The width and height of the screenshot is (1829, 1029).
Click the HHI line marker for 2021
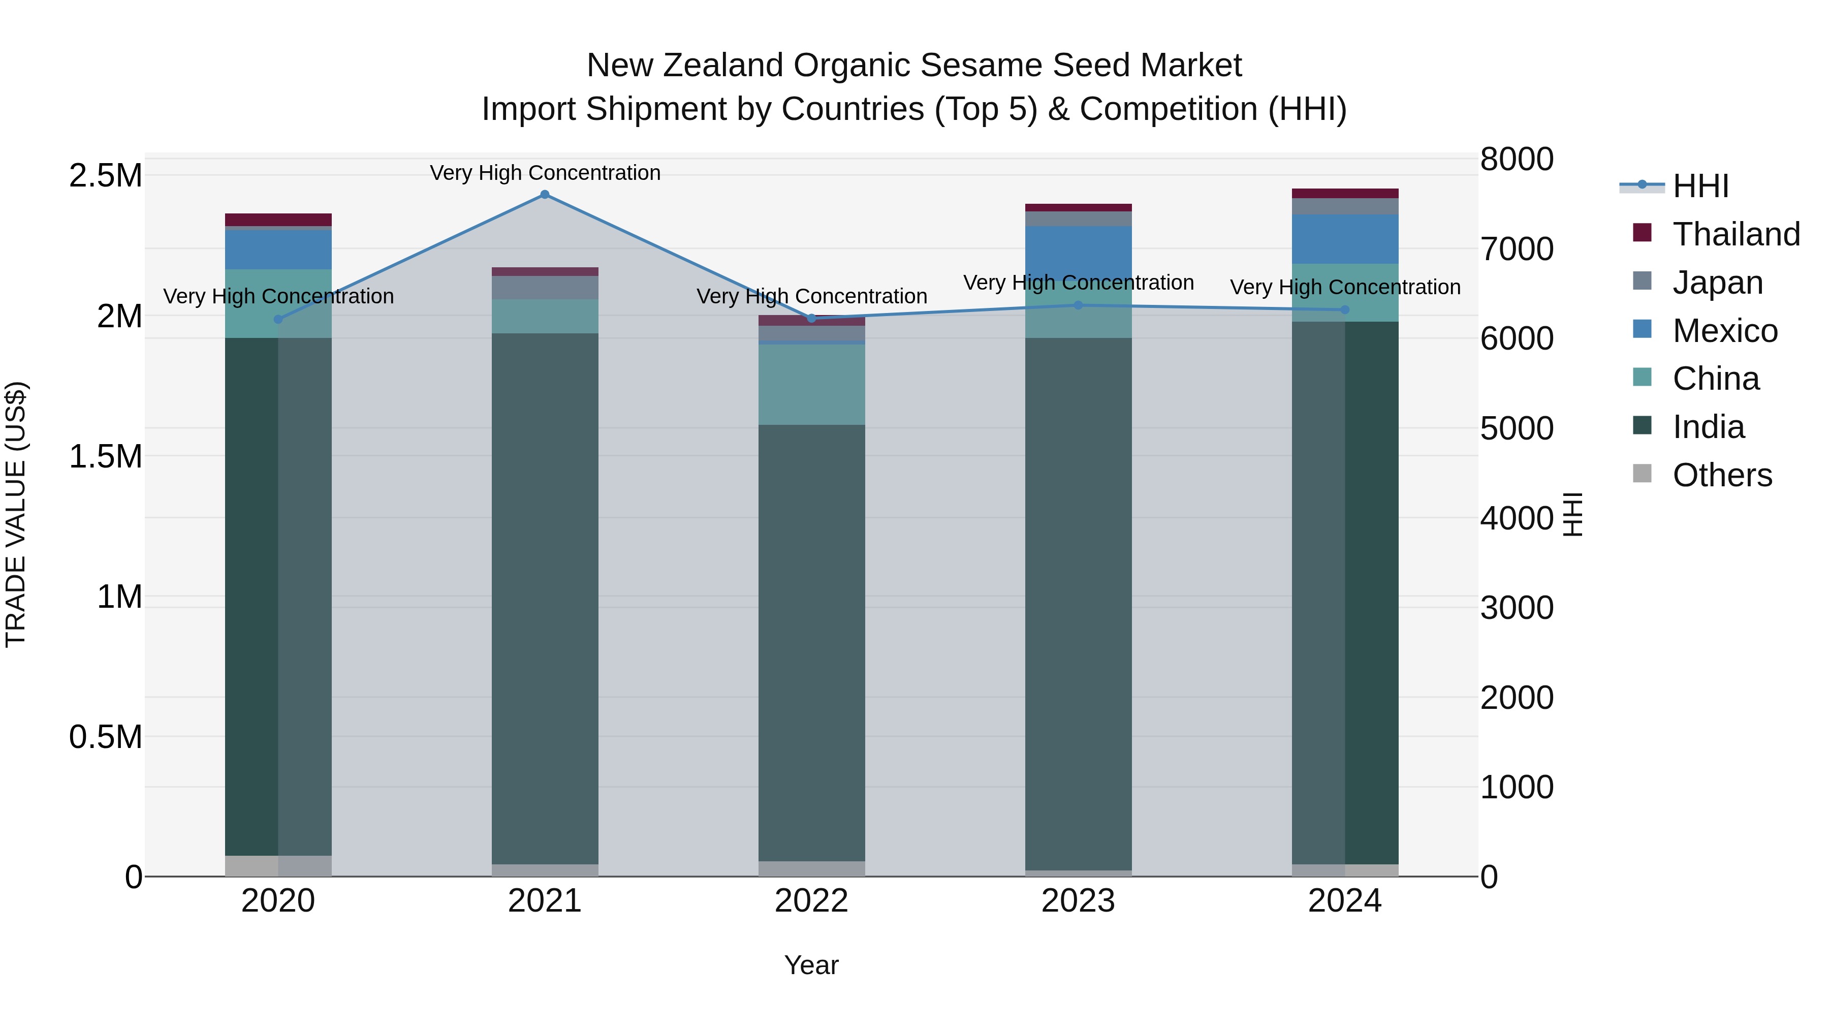pos(545,195)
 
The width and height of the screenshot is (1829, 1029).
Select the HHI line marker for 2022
pos(811,318)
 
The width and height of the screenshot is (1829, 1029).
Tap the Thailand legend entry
pos(1736,234)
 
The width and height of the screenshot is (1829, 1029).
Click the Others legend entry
pos(1721,475)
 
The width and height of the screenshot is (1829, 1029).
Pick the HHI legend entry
pos(1700,186)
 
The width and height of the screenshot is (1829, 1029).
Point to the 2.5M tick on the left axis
pos(106,175)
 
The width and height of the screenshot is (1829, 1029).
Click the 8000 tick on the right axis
pos(1517,159)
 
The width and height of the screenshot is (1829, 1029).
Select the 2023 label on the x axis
pos(1078,901)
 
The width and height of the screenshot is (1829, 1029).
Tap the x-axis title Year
pos(811,965)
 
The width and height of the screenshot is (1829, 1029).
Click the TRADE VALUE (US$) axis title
pos(16,514)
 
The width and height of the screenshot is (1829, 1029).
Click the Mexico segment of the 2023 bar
pos(1078,253)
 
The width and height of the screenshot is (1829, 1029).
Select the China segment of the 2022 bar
pos(811,384)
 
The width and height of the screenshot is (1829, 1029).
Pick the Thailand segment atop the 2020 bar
pos(278,220)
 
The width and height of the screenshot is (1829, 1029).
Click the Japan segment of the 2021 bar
pos(545,288)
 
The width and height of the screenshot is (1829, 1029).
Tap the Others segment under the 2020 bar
pos(278,866)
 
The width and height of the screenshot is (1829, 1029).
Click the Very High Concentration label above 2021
pos(545,173)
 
